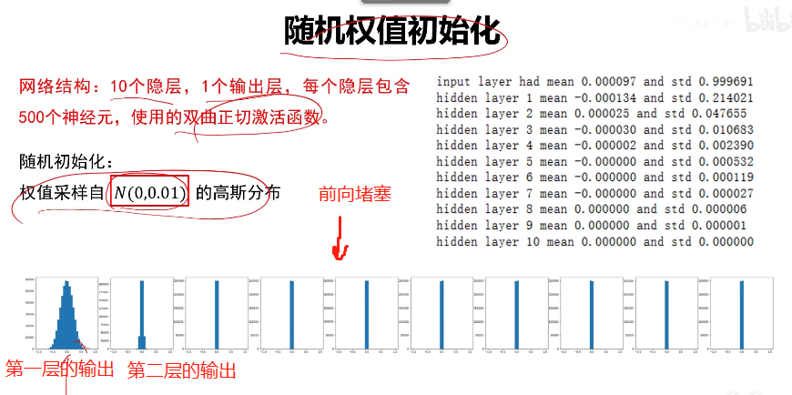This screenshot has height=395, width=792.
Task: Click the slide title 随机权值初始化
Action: point(392,33)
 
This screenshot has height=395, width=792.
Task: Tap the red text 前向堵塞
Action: point(354,194)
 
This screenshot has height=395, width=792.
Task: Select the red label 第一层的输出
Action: point(61,369)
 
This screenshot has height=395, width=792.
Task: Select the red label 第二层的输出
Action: point(182,370)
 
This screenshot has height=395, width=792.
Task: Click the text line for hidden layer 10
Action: point(594,242)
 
